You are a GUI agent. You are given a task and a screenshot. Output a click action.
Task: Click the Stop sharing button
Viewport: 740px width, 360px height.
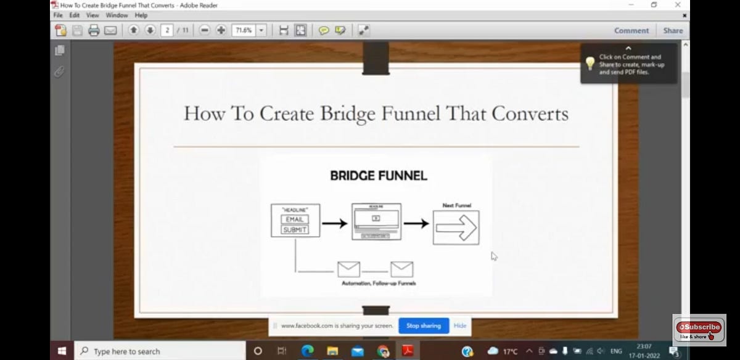pos(423,325)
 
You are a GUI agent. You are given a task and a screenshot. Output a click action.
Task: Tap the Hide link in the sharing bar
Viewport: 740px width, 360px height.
pos(460,325)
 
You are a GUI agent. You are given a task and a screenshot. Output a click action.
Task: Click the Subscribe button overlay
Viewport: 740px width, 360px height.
pos(699,327)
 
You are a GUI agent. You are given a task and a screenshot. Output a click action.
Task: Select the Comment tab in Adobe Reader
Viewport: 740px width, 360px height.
pos(631,30)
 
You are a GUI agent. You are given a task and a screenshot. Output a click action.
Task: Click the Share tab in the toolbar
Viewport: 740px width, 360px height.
pos(673,30)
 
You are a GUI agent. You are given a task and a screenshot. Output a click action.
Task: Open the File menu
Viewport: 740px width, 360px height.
pos(58,15)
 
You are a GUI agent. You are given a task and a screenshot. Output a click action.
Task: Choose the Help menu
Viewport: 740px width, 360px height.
pos(141,15)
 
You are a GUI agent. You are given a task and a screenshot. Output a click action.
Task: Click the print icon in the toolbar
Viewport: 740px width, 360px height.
pos(94,30)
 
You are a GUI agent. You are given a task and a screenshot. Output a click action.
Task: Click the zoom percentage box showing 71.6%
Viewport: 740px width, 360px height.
pos(244,30)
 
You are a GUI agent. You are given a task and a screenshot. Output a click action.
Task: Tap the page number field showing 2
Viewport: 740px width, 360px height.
pos(166,30)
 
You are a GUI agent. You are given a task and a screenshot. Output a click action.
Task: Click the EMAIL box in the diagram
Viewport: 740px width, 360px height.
pos(295,219)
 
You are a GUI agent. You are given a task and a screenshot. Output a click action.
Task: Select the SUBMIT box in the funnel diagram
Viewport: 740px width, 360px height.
pos(295,230)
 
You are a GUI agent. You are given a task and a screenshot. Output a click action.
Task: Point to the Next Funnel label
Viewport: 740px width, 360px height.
pos(456,205)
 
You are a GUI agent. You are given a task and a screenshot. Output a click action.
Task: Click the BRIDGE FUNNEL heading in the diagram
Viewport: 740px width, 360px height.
pos(378,176)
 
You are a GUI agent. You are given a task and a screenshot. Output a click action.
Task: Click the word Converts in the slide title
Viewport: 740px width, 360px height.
pos(530,113)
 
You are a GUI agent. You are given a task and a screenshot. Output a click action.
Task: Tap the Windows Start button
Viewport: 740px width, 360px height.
pos(62,351)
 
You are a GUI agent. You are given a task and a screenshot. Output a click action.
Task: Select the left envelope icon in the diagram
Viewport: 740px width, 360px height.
pos(348,269)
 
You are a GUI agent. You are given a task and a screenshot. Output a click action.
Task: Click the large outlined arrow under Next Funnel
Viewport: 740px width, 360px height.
pos(456,227)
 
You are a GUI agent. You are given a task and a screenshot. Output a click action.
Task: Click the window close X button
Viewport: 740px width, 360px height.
pos(678,4)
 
